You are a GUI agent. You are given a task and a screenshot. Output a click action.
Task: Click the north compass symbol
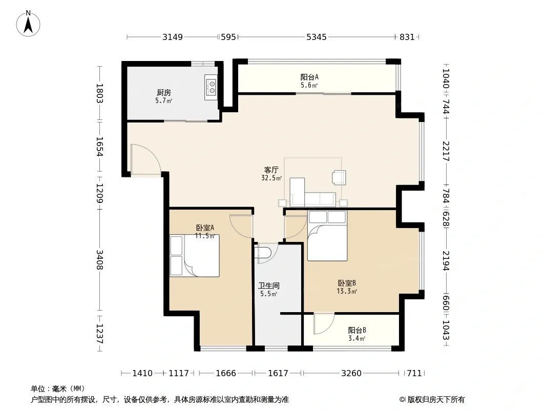click(28, 24)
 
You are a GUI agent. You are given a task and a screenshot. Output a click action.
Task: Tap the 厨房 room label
click(164, 93)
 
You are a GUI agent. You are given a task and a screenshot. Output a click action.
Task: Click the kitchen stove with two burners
click(211, 87)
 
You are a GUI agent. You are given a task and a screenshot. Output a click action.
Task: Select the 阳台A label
click(309, 77)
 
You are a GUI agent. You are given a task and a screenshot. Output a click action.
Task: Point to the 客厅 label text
click(271, 170)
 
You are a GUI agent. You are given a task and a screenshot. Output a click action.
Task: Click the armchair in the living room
click(339, 177)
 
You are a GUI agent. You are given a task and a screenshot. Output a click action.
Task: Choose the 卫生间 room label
click(268, 286)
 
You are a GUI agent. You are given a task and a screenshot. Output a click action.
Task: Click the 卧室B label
click(346, 283)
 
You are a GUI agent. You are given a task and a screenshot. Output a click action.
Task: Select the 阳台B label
click(357, 330)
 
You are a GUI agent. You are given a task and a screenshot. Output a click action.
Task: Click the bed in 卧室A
click(194, 256)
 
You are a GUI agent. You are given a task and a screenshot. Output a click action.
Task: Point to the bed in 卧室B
click(327, 235)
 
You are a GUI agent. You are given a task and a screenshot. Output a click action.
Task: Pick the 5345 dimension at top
click(316, 37)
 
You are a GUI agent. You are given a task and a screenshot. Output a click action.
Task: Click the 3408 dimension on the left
click(99, 259)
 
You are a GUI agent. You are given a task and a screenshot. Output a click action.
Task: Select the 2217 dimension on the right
click(446, 151)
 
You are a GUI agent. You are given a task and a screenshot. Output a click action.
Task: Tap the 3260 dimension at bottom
click(351, 374)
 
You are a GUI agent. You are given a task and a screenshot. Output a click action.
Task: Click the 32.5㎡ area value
click(271, 178)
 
